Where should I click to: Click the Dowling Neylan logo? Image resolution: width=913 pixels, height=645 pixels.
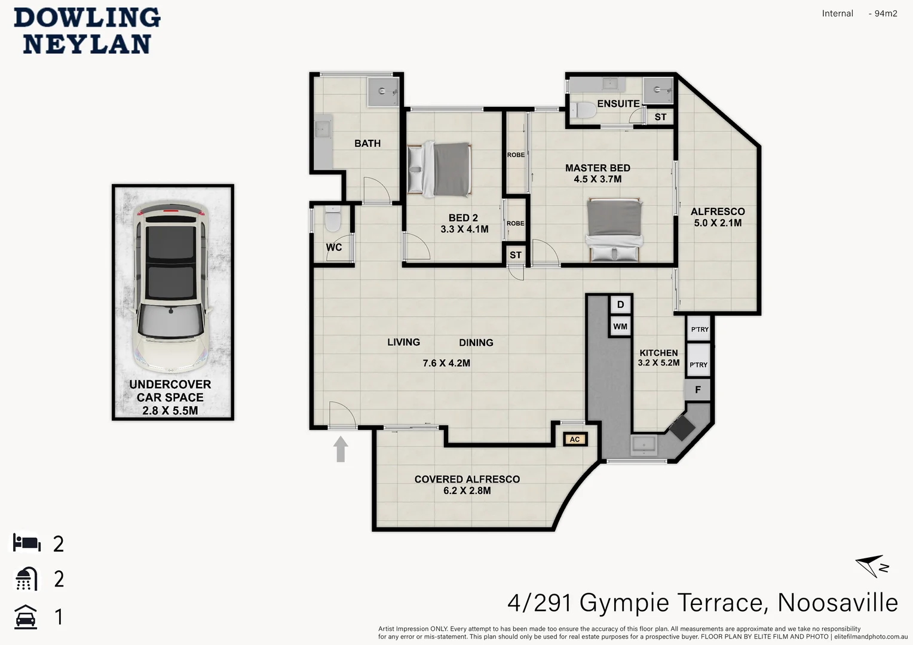pos(87,31)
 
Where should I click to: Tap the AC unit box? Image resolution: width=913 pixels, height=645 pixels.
pos(575,439)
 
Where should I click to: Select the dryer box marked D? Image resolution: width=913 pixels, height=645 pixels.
pos(620,305)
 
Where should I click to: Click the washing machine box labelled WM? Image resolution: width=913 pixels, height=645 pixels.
pos(620,326)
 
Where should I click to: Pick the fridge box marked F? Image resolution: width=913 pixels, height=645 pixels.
pos(698,390)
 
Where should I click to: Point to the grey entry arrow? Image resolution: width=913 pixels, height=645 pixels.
pos(341,449)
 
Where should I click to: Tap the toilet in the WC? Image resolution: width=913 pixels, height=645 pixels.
pos(333,218)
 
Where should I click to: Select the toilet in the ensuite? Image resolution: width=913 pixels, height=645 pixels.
pos(583,110)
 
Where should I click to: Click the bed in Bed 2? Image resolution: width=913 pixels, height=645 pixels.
pos(439,169)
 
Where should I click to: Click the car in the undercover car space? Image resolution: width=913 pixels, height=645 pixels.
pos(171,287)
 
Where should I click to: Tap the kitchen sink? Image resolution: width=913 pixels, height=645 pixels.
pos(644,445)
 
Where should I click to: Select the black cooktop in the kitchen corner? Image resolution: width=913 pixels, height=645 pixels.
pos(682,428)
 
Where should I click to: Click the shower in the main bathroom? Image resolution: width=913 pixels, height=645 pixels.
pos(383,91)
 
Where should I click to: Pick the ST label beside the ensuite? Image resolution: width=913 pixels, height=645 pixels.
pos(660,117)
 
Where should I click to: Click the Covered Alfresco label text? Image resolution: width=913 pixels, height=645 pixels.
pos(467,479)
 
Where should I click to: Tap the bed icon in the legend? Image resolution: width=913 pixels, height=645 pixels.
pos(27,542)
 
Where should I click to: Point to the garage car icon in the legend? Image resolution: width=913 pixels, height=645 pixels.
pos(26,617)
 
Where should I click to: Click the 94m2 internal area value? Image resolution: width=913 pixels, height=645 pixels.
pos(886,14)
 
